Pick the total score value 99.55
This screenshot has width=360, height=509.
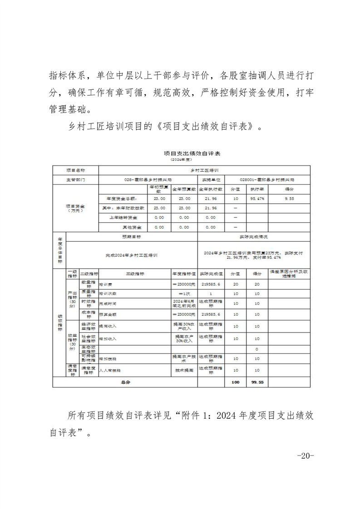point(257,382)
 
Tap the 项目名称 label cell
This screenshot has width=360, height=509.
point(75,170)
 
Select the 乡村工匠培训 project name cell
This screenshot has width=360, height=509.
point(204,170)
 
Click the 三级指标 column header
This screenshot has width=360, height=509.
point(135,274)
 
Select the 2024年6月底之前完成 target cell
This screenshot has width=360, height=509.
point(183,303)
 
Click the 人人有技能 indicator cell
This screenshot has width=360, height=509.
point(109,371)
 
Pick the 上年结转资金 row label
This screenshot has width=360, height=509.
point(123,217)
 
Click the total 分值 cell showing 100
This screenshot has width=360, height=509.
point(235,382)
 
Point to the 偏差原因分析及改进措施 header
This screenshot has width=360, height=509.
point(289,274)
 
